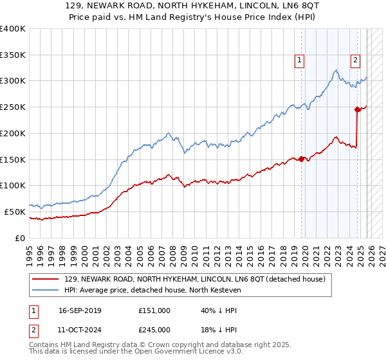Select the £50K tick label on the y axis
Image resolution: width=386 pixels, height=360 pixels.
(15, 212)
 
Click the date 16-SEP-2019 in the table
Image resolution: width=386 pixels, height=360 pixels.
(80, 310)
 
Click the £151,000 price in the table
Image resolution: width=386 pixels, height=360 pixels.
(154, 310)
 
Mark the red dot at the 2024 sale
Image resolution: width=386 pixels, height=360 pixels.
(357, 109)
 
